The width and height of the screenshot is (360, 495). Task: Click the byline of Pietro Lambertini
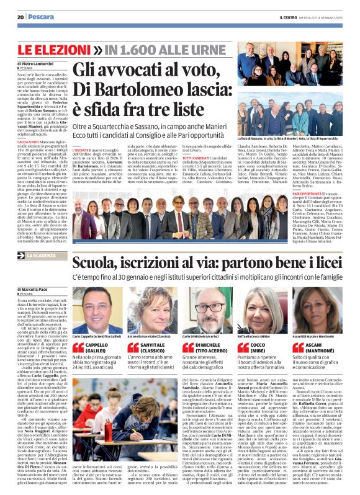point(37,64)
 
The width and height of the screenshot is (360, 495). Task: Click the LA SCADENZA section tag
point(42,256)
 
